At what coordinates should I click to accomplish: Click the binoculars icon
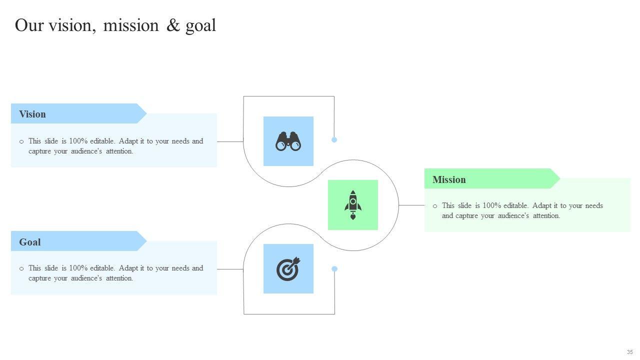288,141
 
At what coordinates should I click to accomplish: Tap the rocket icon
353,205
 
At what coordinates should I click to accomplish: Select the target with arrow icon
288,269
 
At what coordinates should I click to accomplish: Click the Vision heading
32,114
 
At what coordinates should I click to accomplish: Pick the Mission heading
449,179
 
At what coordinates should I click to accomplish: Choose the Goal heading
30,242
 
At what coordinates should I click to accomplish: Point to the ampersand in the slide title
173,25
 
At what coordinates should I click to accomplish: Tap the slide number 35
629,352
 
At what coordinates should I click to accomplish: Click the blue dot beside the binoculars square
334,140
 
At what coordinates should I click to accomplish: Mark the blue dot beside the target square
334,269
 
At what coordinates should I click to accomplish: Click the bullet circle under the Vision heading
21,141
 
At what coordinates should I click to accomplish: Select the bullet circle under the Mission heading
435,206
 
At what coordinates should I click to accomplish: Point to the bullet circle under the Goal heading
21,268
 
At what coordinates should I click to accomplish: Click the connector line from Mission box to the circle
411,205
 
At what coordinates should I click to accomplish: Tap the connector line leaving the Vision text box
230,141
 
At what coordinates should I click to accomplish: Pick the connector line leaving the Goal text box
230,269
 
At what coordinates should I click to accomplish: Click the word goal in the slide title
200,25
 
